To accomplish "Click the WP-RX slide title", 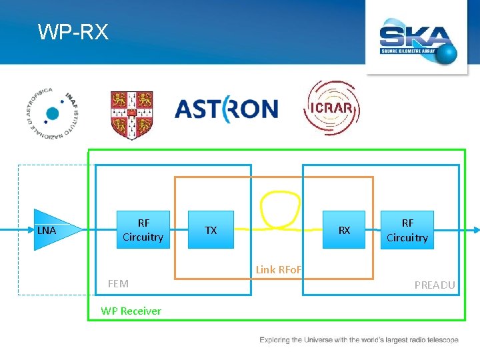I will (x=73, y=31).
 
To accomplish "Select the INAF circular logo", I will (x=52, y=113).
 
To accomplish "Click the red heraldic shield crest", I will (x=131, y=115).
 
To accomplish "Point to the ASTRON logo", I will (x=226, y=109).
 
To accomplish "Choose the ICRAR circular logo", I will (x=331, y=108).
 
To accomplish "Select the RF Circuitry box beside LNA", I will (x=143, y=230).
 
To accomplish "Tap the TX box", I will (x=211, y=230).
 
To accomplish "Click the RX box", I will (x=344, y=230).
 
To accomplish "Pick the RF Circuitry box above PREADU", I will (x=407, y=230).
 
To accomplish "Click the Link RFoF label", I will (x=279, y=269).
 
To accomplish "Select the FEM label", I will (x=118, y=284).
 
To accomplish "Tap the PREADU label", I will (x=435, y=285).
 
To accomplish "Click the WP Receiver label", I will (x=131, y=311).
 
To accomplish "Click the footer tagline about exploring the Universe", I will (x=359, y=340).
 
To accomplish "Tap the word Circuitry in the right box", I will (x=407, y=237).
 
